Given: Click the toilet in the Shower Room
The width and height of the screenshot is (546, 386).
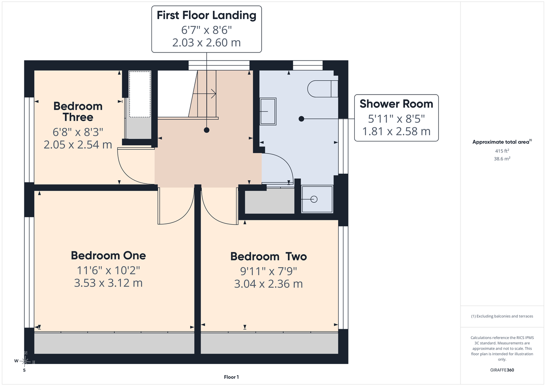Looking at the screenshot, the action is tap(323, 89).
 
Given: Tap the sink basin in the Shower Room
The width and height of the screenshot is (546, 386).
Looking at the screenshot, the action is tap(268, 111).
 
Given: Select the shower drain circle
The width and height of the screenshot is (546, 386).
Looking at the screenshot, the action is tap(314, 199).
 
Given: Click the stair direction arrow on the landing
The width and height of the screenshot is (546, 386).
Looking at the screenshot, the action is tap(204, 93).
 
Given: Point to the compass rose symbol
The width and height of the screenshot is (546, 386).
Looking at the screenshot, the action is tap(25, 361).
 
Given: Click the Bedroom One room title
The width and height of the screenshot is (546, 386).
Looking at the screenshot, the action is tap(108, 256).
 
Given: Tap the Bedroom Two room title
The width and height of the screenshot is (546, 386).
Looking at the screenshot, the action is tap(269, 256).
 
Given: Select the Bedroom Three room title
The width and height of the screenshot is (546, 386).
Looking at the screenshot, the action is tap(78, 112).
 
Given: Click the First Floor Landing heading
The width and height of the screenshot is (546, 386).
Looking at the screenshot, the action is tap(206, 15).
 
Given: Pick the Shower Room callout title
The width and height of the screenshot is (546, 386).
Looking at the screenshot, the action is tap(396, 104).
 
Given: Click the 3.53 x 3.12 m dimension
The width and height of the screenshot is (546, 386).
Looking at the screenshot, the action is tap(108, 283).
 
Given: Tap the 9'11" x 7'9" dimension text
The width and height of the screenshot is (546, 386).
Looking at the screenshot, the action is tap(269, 271).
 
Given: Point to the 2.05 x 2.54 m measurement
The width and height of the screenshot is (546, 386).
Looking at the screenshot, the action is tap(78, 145).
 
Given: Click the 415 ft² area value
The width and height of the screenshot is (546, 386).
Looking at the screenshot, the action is tap(502, 151).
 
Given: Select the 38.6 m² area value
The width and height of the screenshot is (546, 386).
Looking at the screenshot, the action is tap(502, 159).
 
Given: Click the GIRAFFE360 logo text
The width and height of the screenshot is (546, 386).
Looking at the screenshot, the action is tap(502, 370).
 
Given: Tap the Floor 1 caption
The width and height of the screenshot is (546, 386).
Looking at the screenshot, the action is tap(231, 377).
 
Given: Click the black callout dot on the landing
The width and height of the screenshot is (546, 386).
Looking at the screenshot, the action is tap(206, 130).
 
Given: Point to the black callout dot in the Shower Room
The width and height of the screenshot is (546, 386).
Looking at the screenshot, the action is tap(301, 119).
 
